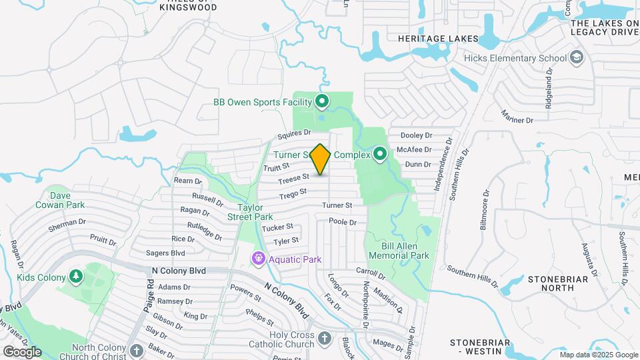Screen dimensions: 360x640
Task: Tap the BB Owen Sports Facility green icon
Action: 322,102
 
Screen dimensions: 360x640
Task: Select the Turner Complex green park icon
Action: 380,155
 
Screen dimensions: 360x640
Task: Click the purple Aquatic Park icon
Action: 258,259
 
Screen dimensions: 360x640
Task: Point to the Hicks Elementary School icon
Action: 576,58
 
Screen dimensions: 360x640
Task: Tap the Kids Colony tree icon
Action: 77,277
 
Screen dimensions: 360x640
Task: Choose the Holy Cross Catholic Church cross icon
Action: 325,339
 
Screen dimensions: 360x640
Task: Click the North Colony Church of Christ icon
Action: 136,351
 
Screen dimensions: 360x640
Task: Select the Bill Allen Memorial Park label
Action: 400,251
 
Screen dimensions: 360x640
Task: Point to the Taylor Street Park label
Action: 250,212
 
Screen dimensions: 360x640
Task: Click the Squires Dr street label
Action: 295,134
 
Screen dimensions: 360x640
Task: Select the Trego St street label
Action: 293,193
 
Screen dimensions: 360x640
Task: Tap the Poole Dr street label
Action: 344,221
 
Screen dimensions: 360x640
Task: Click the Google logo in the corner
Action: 22,351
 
